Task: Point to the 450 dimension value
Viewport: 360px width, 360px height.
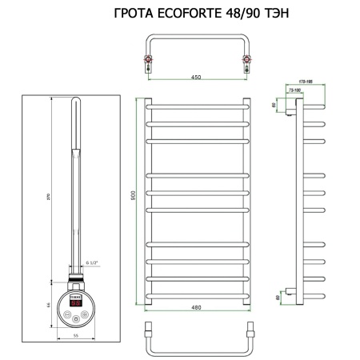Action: (x=196, y=78)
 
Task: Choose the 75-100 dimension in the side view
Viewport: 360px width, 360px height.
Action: (x=298, y=90)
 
